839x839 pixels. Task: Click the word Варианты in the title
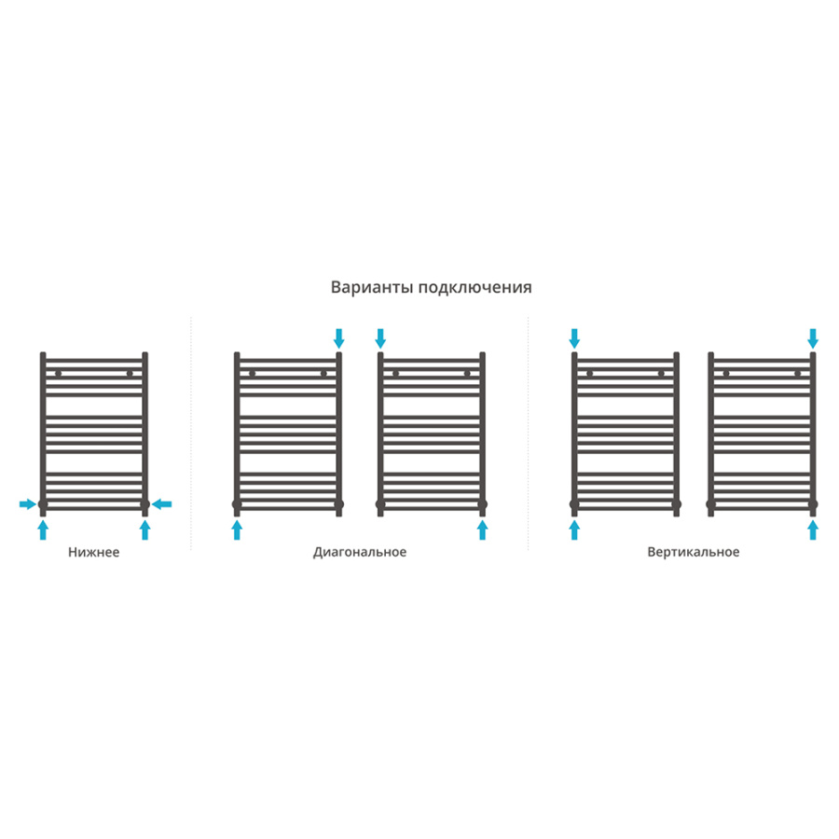coord(372,287)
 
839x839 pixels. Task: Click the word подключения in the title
coord(475,288)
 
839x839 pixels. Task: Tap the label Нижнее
coord(93,552)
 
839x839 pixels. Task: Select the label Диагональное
coord(360,552)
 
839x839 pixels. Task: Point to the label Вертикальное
coord(694,552)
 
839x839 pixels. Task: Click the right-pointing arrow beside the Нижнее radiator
coord(28,504)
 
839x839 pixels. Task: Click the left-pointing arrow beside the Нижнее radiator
coord(161,504)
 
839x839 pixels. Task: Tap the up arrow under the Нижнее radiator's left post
coord(43,530)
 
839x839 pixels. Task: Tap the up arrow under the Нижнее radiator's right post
coord(144,530)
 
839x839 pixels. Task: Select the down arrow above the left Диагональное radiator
coord(338,338)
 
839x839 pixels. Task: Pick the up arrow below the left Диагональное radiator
coord(237,530)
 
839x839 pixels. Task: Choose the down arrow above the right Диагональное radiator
coord(380,338)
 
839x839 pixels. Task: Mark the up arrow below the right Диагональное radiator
coord(482,530)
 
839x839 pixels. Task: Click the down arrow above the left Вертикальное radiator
coord(574,338)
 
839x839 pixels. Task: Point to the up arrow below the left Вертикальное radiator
coord(574,530)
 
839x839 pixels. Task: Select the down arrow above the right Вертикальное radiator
coord(813,338)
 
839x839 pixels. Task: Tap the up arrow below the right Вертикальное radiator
coord(813,530)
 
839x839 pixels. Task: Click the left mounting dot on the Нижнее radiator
coord(59,374)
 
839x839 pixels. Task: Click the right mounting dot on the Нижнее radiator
coord(130,374)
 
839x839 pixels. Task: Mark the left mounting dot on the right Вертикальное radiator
coord(726,374)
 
